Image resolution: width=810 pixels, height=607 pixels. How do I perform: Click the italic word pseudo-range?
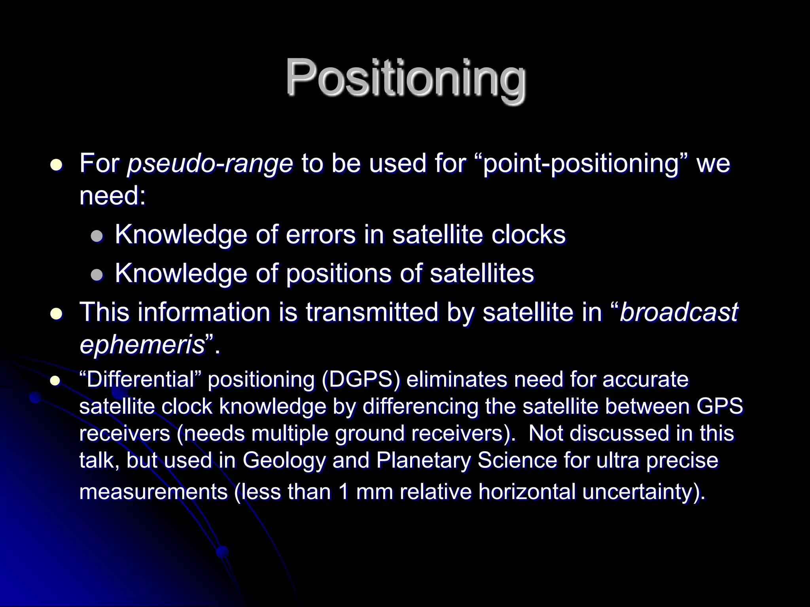pos(210,164)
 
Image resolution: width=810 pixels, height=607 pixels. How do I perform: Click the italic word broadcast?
pos(678,312)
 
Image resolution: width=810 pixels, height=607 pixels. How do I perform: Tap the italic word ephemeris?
pos(142,345)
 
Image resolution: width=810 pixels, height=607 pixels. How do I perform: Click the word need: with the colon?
pos(113,196)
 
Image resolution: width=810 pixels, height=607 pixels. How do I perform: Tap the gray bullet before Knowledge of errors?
pos(97,236)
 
